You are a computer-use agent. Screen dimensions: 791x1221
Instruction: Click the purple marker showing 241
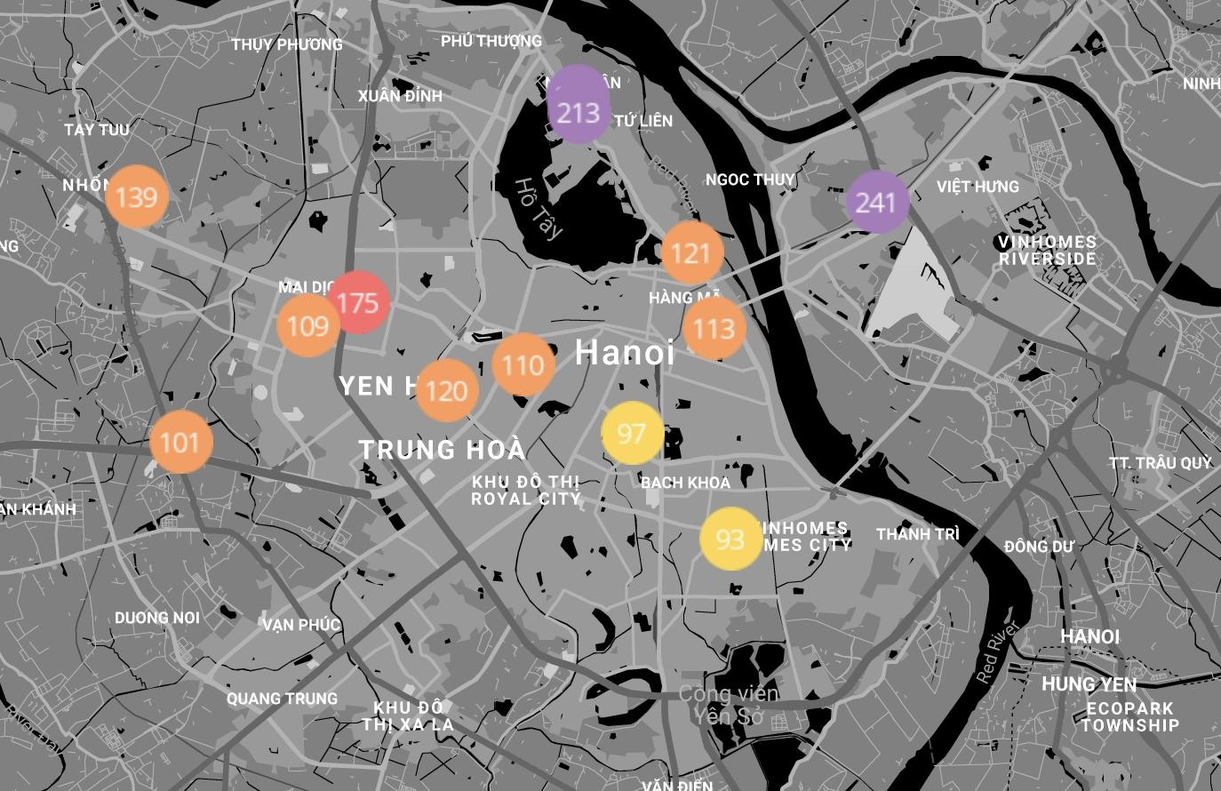coord(877,203)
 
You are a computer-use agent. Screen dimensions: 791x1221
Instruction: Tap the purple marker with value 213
coord(579,113)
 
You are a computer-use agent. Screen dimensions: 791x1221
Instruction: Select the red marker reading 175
coord(358,303)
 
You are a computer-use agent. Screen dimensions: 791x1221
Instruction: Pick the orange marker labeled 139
coord(137,196)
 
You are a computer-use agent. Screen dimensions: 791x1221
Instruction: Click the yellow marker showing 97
coord(632,434)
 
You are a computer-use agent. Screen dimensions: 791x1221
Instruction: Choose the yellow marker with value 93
coord(730,538)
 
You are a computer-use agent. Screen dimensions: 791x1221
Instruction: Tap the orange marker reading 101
coord(181,442)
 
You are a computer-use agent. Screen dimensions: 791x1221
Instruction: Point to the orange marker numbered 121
coord(692,253)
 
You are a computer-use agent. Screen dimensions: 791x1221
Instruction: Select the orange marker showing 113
coord(714,329)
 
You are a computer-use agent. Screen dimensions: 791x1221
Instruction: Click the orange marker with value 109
coord(308,326)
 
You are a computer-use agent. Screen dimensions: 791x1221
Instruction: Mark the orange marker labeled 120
coord(447,390)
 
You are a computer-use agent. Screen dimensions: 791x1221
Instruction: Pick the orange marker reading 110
coord(523,364)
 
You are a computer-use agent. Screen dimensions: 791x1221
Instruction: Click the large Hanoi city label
coord(625,353)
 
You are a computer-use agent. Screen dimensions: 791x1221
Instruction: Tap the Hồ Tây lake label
coord(539,209)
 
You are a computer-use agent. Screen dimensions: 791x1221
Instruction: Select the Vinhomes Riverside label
coord(1048,251)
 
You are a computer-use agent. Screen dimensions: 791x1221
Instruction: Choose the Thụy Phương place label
coord(287,44)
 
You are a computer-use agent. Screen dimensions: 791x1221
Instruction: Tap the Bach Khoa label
coord(685,483)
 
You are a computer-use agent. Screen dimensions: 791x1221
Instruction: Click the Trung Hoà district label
coord(442,450)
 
